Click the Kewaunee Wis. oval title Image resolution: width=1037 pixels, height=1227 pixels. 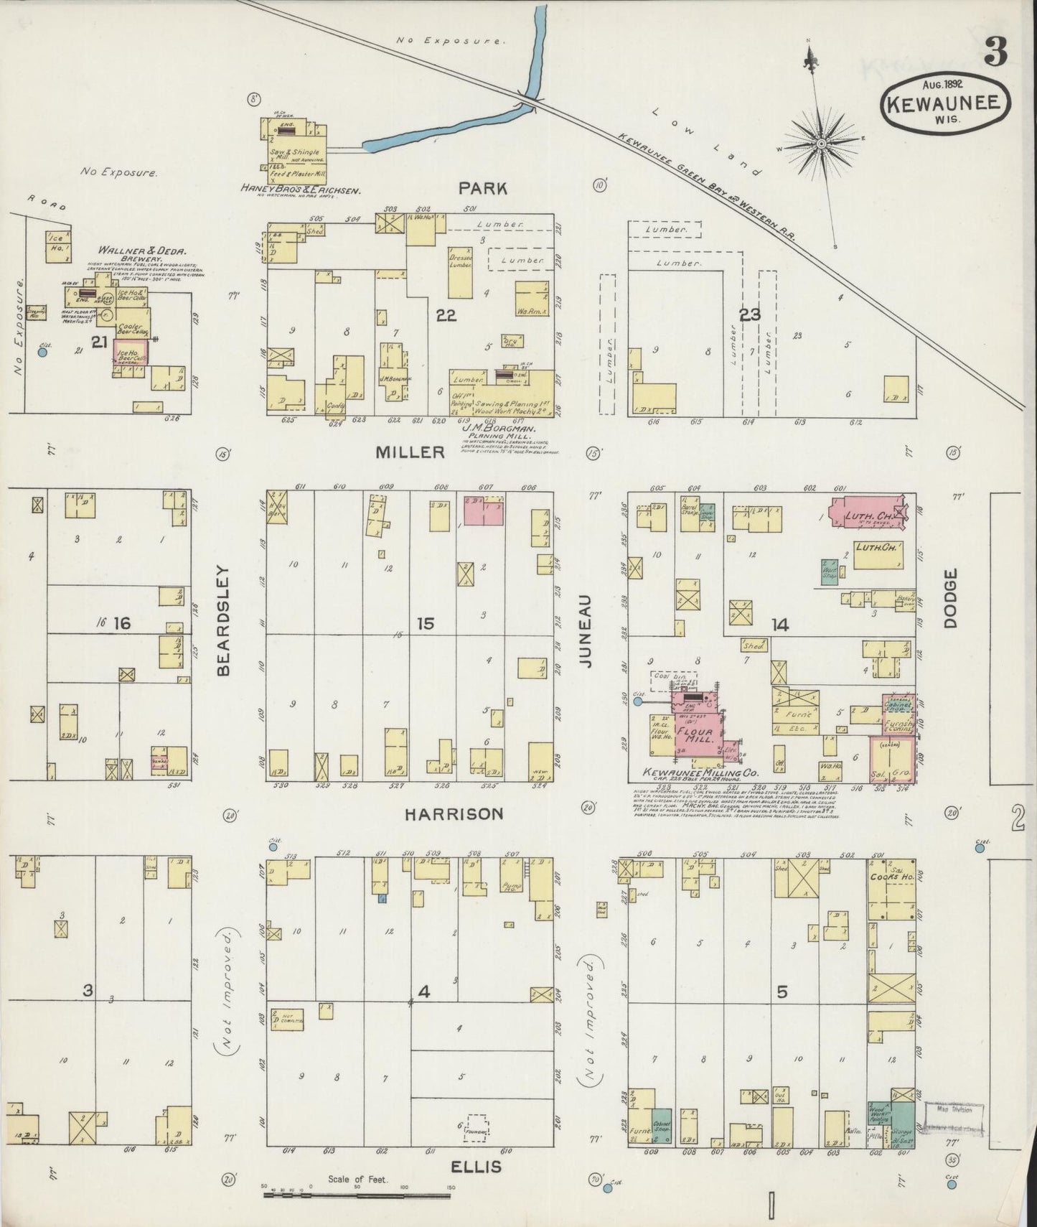945,103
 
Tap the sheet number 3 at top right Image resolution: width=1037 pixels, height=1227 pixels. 995,52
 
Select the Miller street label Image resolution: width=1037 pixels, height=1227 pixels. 410,452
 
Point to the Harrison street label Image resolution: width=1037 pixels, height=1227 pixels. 453,813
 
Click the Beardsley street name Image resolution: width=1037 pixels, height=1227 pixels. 223,621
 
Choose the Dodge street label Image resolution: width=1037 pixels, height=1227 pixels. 952,599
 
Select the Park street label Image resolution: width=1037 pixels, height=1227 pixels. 483,189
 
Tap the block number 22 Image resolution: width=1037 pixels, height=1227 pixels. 446,314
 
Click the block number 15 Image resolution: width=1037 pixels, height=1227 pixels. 426,623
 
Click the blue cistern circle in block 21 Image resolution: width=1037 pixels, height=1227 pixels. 43,352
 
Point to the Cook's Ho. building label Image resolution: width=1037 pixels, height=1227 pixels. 891,877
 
